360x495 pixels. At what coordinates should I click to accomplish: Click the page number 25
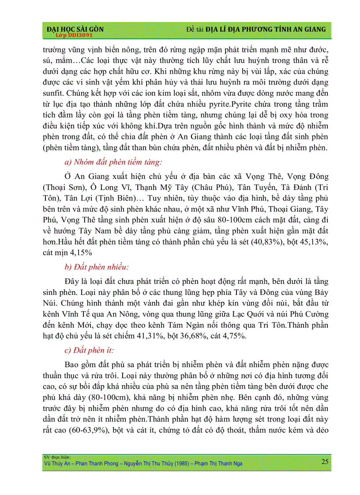pos(325,462)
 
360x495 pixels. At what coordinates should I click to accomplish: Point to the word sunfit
pos(53,93)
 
